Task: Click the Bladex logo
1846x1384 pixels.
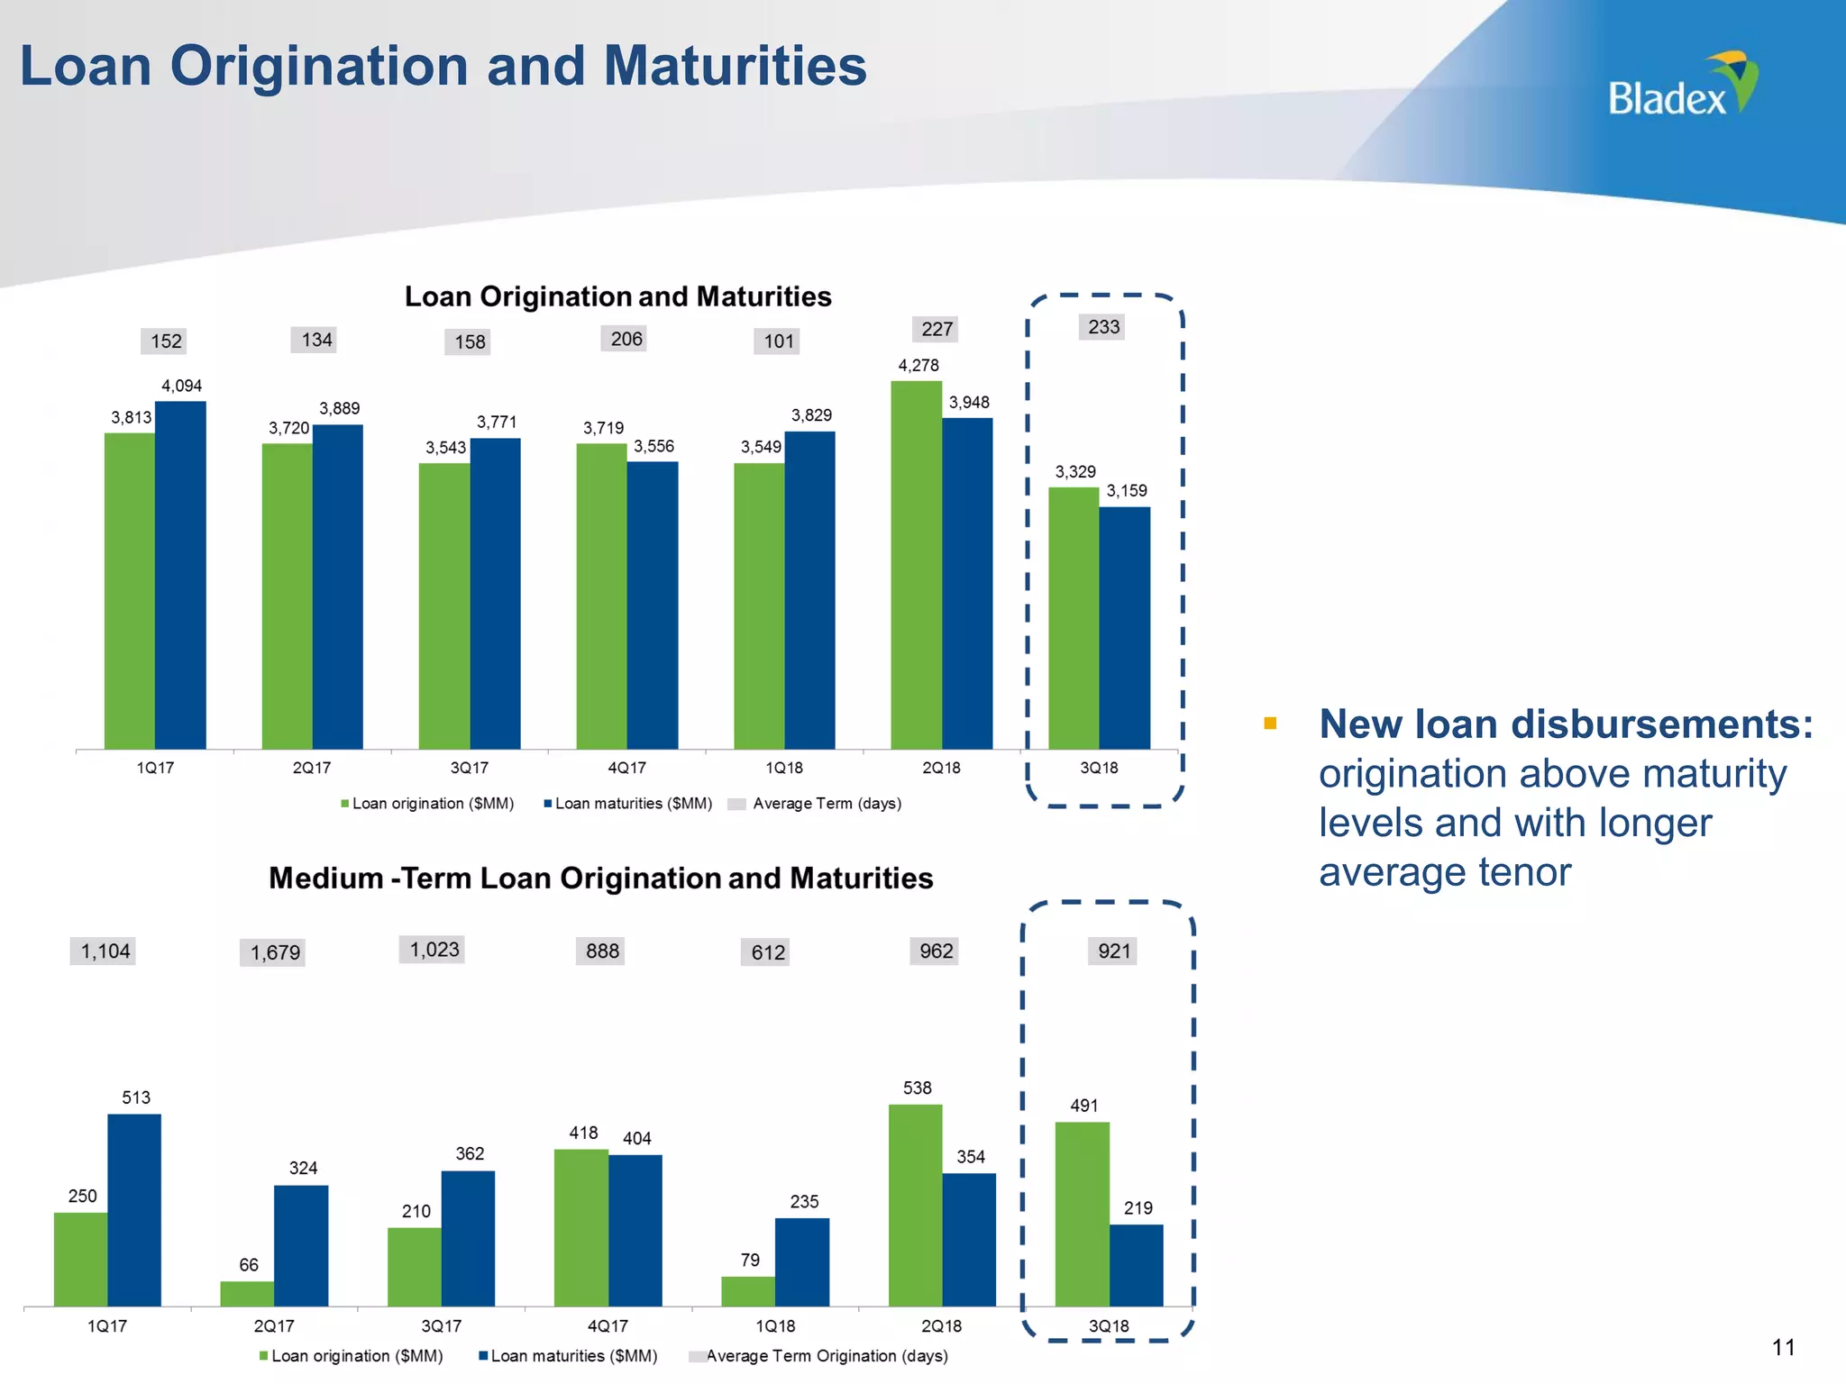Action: click(x=1681, y=86)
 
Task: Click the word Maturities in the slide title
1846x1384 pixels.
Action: click(x=735, y=67)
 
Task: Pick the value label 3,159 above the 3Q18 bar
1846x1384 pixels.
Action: click(x=1127, y=491)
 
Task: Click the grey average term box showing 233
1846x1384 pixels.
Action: click(x=1103, y=327)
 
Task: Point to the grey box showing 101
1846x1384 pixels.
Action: click(x=778, y=341)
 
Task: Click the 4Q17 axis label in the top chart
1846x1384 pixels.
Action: click(x=626, y=768)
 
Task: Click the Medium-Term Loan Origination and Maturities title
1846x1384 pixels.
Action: click(x=600, y=879)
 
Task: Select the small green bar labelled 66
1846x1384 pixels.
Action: click(x=247, y=1294)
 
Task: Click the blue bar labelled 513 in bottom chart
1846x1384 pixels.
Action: click(x=134, y=1210)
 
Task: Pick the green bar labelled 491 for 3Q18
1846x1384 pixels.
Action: click(x=1082, y=1214)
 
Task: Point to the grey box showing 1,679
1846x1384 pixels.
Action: click(x=274, y=952)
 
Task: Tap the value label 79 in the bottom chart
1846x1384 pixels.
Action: click(x=750, y=1260)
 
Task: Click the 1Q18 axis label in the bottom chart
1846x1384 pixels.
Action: click(x=775, y=1326)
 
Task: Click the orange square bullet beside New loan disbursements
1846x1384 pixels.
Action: click(x=1270, y=724)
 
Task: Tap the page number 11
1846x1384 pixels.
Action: click(x=1783, y=1348)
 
